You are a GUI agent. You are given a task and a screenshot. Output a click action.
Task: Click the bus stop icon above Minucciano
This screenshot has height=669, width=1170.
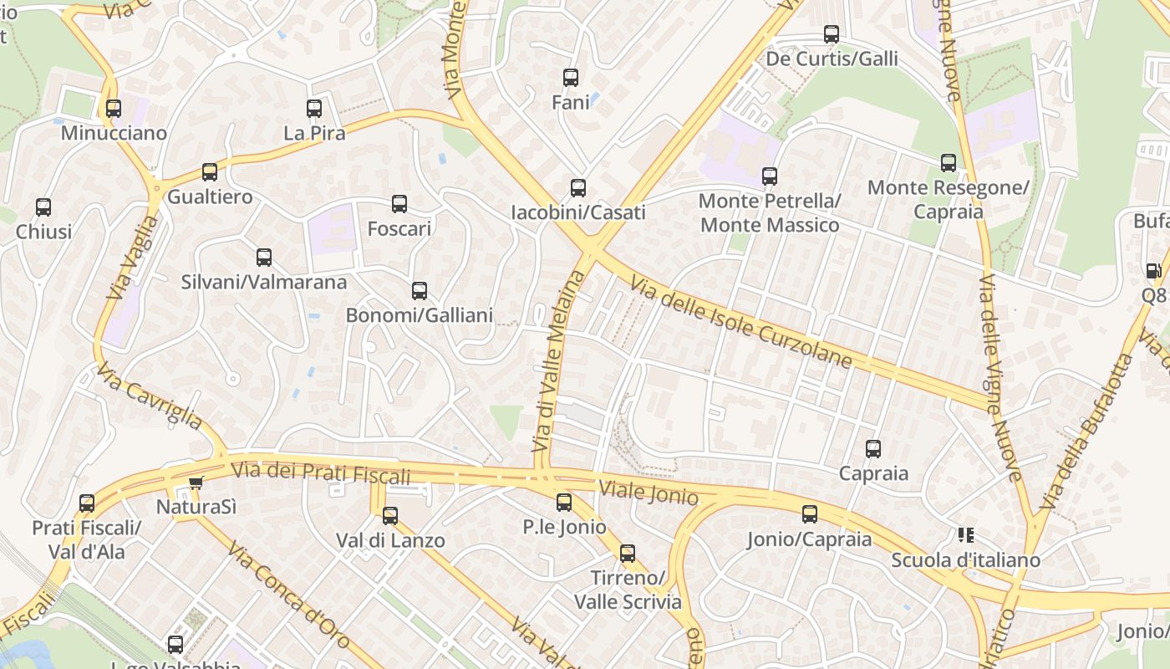click(113, 109)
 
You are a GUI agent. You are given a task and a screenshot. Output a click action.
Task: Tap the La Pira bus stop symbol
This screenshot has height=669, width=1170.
click(314, 109)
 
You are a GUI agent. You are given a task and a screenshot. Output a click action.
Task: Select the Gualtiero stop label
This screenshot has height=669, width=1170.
click(210, 197)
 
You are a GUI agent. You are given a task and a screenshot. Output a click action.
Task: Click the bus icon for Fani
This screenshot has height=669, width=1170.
click(571, 78)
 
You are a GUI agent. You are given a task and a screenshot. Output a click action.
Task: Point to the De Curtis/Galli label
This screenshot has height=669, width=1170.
click(832, 59)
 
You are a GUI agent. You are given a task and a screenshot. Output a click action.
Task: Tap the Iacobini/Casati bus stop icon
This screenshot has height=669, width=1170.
click(577, 188)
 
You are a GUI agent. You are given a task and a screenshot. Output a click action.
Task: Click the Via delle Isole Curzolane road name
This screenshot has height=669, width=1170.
click(741, 323)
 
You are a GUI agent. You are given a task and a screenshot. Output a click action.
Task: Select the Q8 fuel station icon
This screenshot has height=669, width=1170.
click(1153, 271)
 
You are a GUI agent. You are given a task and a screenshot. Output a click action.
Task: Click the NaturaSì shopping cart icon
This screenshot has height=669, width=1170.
click(196, 483)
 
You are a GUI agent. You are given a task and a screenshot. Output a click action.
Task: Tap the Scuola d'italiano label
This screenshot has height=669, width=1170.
click(965, 559)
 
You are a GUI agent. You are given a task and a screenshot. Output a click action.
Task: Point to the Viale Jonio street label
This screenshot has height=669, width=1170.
click(649, 493)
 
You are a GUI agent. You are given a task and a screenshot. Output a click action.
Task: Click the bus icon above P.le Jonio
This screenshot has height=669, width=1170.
click(564, 503)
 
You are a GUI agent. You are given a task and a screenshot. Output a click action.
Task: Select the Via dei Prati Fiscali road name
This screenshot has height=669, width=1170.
click(321, 473)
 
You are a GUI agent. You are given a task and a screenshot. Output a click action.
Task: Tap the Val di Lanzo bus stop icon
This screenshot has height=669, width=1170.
click(390, 516)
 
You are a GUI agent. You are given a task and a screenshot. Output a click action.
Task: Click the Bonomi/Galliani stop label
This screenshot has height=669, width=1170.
click(419, 315)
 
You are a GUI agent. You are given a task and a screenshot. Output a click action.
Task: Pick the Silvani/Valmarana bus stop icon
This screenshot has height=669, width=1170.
click(264, 258)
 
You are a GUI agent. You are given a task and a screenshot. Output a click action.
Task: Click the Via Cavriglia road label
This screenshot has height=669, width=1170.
click(149, 396)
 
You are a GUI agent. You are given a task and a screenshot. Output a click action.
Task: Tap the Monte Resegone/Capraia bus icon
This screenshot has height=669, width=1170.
click(948, 163)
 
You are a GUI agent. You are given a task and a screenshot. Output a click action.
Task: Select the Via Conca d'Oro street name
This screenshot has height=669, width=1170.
click(287, 596)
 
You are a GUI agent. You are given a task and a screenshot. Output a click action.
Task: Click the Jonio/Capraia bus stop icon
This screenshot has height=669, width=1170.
click(809, 514)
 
